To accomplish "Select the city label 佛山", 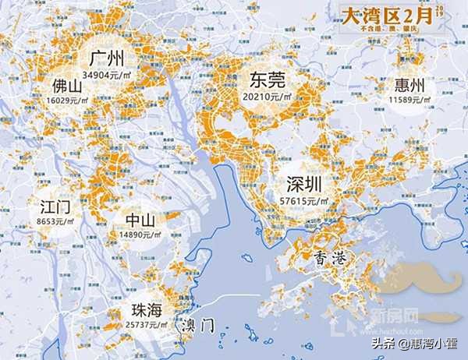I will click(69, 84).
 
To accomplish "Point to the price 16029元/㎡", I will click(69, 99).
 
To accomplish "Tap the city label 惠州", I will click(410, 85).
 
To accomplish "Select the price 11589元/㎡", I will click(410, 100).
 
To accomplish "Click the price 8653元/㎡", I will click(56, 222).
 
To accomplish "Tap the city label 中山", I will click(140, 220).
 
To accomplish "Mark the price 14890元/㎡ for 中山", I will click(141, 235).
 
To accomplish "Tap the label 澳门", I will click(196, 326).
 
